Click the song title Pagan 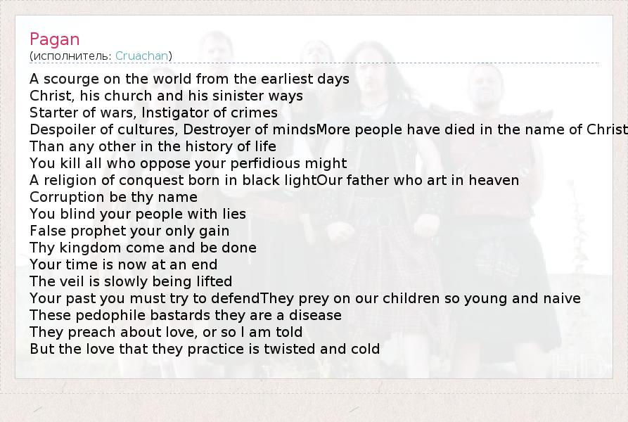(x=54, y=39)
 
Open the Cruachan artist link (x=142, y=56)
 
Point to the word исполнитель (x=70, y=56)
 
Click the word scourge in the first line (x=71, y=79)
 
